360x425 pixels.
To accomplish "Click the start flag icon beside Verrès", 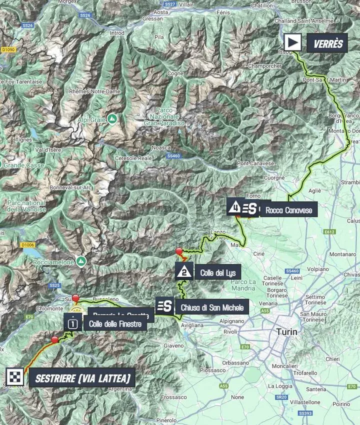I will [292, 42].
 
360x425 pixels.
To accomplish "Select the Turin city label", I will [286, 331].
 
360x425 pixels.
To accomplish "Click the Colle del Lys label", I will [217, 273].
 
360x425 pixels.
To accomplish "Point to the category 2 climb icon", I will [184, 272].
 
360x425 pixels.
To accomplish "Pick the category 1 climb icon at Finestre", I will [73, 322].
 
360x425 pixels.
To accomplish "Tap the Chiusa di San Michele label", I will [212, 307].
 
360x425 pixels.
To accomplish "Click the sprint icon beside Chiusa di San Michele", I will [165, 306].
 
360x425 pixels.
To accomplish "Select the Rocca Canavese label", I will [288, 210].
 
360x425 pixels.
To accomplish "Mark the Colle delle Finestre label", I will [115, 324].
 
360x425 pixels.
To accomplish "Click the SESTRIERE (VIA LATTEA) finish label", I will [83, 377].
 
